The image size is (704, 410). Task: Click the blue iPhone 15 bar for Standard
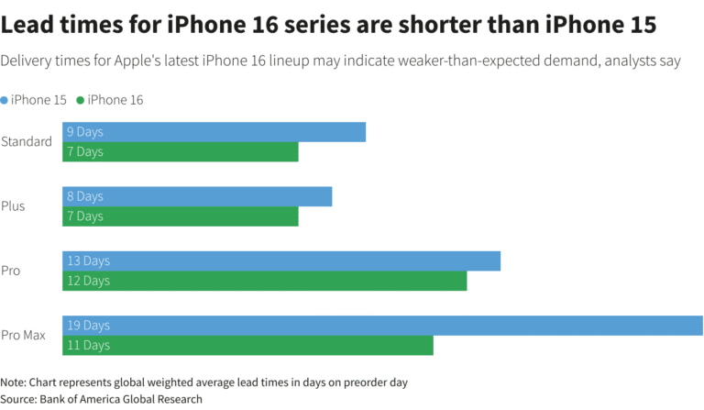214,132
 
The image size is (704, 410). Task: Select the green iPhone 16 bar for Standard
181,151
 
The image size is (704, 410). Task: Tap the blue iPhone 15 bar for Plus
197,196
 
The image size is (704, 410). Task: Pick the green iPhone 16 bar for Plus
181,216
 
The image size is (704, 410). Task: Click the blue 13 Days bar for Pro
281,261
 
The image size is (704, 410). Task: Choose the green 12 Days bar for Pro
264,281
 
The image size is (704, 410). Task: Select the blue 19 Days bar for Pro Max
382,326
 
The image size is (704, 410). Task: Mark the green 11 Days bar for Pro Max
247,345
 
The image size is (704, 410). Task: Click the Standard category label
27,141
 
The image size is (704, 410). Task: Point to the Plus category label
13,206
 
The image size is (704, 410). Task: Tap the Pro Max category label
24,336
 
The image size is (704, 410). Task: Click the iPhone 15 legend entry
38,99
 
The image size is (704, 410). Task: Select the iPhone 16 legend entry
115,99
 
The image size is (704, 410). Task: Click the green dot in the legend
81,99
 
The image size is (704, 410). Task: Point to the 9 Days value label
85,132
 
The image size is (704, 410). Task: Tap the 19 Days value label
88,326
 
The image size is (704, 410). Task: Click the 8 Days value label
85,196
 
